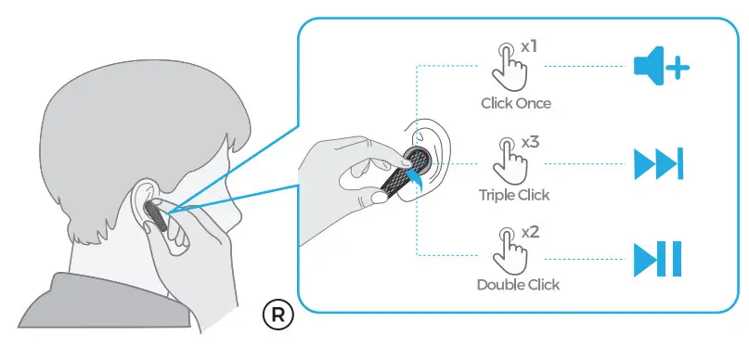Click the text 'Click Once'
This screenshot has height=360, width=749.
click(x=515, y=103)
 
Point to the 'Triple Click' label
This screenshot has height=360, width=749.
click(x=514, y=195)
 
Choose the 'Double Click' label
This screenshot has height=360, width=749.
click(x=518, y=284)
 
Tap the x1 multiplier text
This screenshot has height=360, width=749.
click(x=530, y=45)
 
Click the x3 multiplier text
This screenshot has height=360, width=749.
click(x=530, y=142)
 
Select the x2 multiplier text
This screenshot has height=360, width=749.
click(x=530, y=231)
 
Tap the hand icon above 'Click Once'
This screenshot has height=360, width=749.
click(x=510, y=63)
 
